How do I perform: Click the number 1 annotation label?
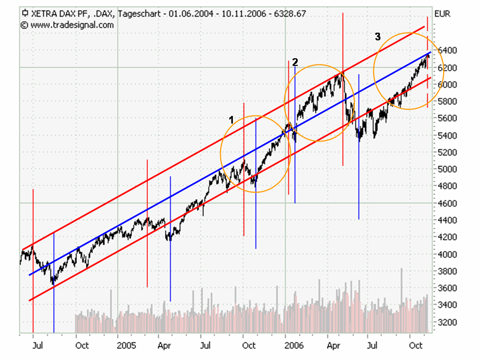coord(231,119)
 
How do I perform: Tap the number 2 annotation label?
coord(295,62)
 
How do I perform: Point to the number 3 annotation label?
coord(377,37)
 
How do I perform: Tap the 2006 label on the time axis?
coord(294,346)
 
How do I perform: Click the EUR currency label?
coord(442,14)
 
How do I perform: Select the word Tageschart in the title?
coord(138,14)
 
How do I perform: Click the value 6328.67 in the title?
coord(290,14)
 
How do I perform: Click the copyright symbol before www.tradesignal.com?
coord(24,25)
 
